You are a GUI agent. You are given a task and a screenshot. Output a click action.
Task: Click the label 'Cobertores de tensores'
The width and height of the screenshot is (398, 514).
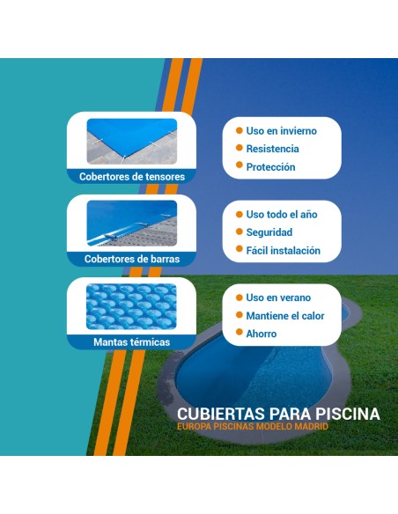132,176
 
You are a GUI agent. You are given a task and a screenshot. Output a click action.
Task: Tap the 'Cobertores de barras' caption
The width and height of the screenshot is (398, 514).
132,259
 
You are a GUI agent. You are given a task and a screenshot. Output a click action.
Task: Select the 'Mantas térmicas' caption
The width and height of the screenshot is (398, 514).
132,341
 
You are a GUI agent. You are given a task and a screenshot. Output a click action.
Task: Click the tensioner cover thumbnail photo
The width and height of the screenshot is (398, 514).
132,141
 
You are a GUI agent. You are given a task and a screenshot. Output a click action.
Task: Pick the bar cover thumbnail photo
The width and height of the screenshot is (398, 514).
132,223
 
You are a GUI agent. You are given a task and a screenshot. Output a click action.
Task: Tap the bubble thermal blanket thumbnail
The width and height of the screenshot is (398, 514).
132,306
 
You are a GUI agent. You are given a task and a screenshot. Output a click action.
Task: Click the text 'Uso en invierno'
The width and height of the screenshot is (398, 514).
281,131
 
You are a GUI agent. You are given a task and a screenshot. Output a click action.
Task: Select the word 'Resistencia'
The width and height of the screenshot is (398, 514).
272,150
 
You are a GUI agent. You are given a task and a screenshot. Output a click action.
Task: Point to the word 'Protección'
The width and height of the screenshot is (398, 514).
270,167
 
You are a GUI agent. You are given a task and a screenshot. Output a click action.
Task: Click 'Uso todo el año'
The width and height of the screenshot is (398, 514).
282,215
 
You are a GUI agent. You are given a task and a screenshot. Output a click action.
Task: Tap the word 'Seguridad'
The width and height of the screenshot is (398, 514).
269,232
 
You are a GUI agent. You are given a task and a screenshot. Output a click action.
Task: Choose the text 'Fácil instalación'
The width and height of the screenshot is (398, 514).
283,251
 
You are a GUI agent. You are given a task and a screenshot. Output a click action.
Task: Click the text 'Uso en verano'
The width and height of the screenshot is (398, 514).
279,297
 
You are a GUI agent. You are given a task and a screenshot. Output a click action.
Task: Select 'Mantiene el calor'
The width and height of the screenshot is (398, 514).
285,316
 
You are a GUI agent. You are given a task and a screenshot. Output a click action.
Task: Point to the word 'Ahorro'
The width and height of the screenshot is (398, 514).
262,334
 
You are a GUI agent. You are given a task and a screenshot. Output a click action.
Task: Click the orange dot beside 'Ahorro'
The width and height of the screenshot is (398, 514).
238,334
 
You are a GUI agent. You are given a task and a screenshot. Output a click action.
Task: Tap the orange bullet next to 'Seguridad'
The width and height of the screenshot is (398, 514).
238,232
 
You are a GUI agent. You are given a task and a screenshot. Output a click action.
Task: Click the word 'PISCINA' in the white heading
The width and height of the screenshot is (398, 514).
344,414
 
